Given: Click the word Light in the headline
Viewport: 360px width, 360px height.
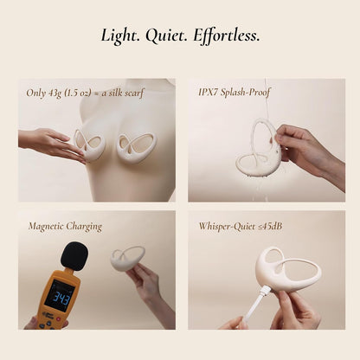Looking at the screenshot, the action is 119,36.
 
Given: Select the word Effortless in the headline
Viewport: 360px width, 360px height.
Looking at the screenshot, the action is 227,36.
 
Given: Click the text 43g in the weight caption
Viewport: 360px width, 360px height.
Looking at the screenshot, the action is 54,93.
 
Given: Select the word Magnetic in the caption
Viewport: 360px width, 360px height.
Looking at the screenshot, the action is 46,226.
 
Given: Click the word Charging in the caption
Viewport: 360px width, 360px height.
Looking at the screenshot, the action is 84,227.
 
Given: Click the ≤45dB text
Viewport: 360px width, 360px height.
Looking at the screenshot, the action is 269,226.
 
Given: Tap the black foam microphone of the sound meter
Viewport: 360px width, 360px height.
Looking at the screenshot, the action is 74,256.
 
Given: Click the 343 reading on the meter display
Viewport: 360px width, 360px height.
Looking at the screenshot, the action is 62,299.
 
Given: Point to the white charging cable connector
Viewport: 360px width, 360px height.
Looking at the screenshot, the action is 264,292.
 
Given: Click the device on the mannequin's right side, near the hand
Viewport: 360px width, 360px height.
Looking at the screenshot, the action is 90,145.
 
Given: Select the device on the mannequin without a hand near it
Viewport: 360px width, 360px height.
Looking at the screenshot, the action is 137,147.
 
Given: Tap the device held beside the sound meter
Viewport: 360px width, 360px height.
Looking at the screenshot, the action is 127,259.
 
